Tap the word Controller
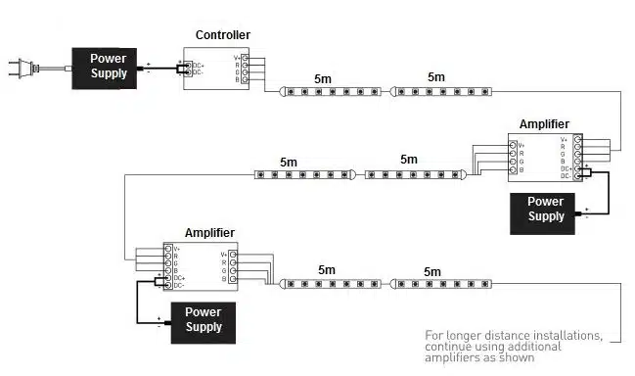pyautogui.click(x=222, y=36)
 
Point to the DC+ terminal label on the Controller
pyautogui.click(x=198, y=66)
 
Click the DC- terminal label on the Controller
pyautogui.click(x=198, y=72)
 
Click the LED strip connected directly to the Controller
pyautogui.click(x=333, y=91)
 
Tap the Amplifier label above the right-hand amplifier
pyautogui.click(x=544, y=124)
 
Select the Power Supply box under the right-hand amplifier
pyautogui.click(x=545, y=210)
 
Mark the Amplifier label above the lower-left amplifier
pyautogui.click(x=209, y=233)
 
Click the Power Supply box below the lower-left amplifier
pyautogui.click(x=204, y=319)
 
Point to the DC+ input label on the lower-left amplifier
pyautogui.click(x=179, y=278)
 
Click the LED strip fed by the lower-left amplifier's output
pyautogui.click(x=332, y=284)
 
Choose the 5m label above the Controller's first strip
pyautogui.click(x=324, y=77)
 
